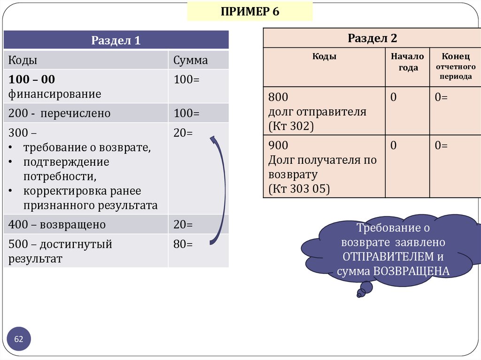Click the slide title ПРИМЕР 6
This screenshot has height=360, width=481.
point(250,12)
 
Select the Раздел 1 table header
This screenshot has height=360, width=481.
point(116,40)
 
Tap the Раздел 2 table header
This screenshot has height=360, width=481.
point(372,38)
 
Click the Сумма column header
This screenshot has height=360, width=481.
point(190,61)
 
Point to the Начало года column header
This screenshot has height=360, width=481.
point(407,62)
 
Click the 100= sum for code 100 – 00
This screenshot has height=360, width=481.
point(186,80)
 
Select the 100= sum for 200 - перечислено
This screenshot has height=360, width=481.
point(186,114)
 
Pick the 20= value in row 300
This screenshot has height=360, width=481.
point(183,133)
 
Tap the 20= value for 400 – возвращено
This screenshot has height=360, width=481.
point(183,225)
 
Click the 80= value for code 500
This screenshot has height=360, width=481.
point(183,244)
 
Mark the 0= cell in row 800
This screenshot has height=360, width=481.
point(441,98)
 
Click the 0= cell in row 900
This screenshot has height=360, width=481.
point(441,146)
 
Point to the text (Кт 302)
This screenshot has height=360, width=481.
point(291,127)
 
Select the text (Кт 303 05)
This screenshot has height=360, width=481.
point(299,189)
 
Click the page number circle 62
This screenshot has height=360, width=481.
point(19,339)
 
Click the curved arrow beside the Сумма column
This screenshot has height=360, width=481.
point(219,190)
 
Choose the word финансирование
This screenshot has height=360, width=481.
point(54,94)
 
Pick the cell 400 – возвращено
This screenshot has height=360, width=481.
point(57,225)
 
